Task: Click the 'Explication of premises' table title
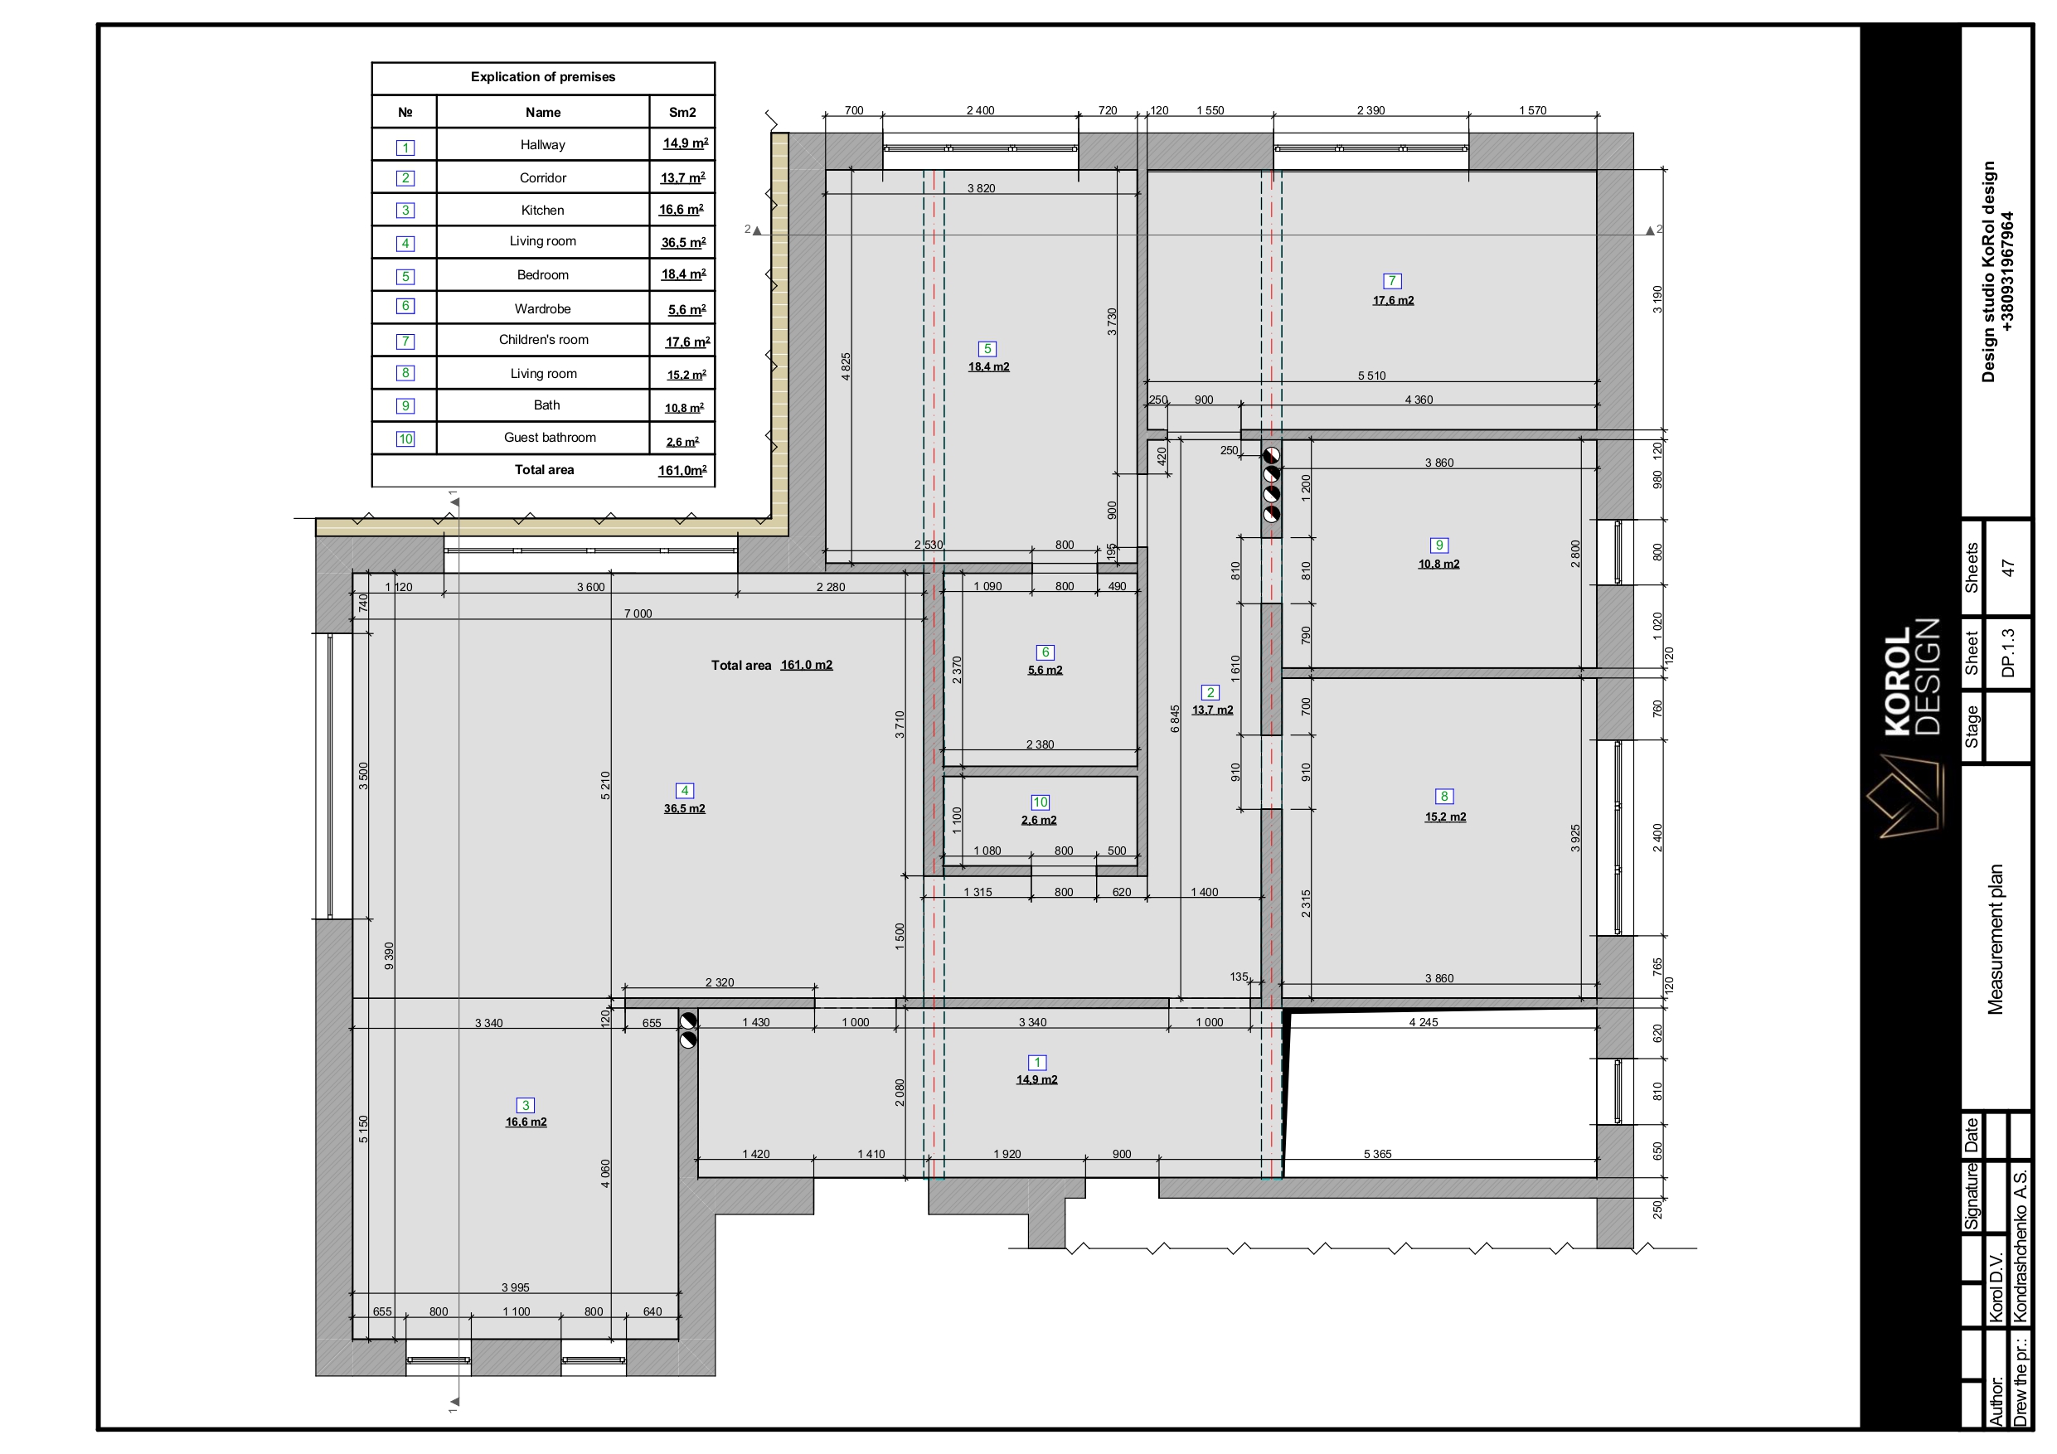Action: (543, 77)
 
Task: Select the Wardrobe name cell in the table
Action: (543, 308)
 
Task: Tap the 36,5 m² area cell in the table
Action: (682, 242)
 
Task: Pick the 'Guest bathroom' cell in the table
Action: (549, 437)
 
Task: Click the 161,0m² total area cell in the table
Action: (682, 470)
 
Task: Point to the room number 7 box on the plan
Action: (1392, 281)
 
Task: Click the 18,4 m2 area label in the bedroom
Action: (988, 366)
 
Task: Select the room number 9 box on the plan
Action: (1438, 545)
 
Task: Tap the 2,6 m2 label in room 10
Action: (1039, 820)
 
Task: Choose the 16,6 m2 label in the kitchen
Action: (526, 1122)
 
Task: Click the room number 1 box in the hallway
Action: (1036, 1063)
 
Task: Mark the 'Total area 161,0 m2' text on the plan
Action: (771, 665)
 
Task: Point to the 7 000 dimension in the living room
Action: (638, 613)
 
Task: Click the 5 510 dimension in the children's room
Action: (1371, 376)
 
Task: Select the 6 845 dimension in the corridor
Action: (1175, 719)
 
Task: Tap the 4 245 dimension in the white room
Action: (1423, 1022)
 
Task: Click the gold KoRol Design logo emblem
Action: (1906, 796)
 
